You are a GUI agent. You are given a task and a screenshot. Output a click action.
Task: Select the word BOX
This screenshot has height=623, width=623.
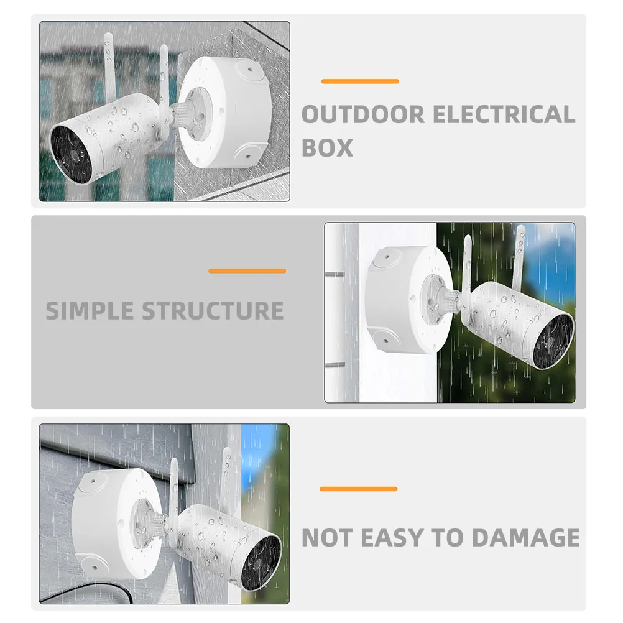(327, 147)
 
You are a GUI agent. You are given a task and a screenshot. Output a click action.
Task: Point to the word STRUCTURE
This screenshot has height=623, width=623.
(213, 310)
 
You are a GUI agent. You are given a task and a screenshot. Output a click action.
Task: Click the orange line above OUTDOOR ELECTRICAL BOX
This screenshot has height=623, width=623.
(359, 81)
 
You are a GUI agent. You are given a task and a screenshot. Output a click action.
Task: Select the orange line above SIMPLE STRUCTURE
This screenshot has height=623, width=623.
(247, 270)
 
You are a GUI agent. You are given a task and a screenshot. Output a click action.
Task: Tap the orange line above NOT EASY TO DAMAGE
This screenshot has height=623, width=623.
(358, 489)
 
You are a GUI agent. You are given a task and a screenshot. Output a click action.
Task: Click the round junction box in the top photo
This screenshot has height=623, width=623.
(223, 112)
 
